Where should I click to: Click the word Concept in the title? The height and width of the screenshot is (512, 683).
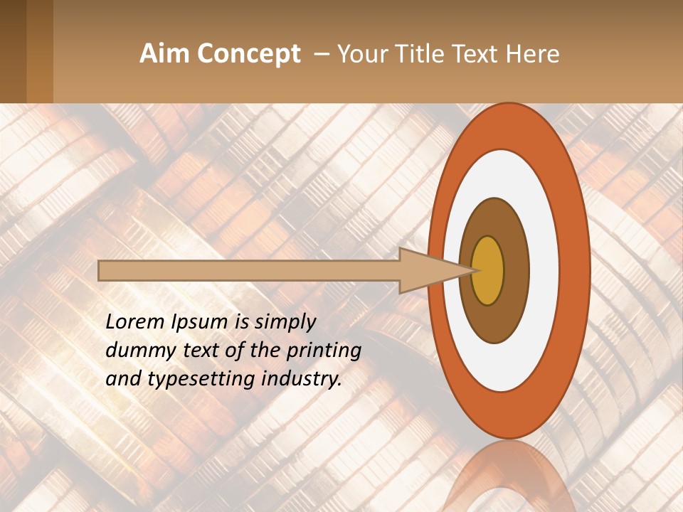pos(249,54)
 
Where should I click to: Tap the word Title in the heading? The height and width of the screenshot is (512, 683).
pos(428,54)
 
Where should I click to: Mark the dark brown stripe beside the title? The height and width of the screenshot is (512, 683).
pos(13,51)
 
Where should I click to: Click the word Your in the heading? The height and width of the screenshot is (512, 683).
pos(359,54)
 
